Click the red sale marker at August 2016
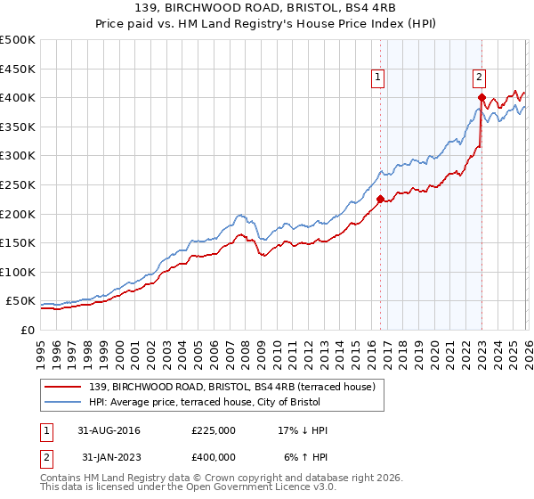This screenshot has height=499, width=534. [380, 200]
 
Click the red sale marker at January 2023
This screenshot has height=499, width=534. [481, 97]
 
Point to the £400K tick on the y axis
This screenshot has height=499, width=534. [17, 97]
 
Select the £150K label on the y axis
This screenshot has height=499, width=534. [17, 242]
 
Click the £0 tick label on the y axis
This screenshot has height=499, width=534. [27, 330]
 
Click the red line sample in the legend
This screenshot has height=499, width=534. [63, 387]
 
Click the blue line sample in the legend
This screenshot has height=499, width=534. [63, 402]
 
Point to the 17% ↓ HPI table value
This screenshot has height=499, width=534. [303, 430]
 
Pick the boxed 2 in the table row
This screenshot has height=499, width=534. [44, 457]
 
